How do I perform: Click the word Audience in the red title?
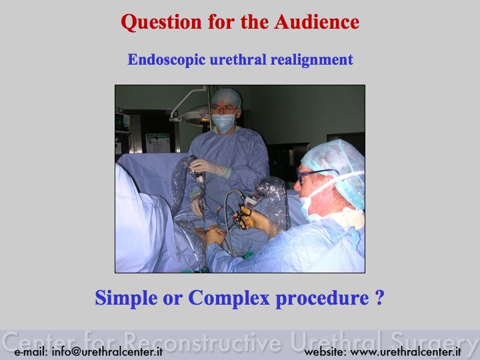tap(317, 22)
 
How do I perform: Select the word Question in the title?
tap(161, 23)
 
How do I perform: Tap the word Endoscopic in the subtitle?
tap(166, 60)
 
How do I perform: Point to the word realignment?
tap(311, 60)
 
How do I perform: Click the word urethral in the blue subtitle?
tap(238, 59)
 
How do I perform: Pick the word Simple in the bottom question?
tap(127, 297)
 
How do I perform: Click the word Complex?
tap(229, 297)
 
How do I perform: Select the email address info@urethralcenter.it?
tap(107, 351)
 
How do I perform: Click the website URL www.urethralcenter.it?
tap(405, 351)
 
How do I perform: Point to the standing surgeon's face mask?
tap(224, 121)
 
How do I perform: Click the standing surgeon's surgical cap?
tap(227, 97)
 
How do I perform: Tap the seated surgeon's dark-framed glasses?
tap(315, 175)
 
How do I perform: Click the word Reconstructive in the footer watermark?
tap(203, 341)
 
